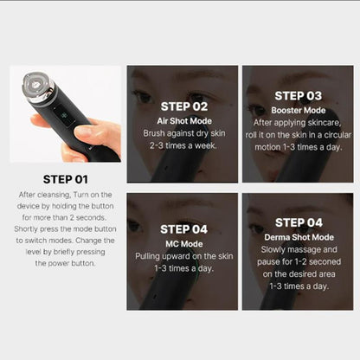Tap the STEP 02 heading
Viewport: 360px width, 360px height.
(x=183, y=106)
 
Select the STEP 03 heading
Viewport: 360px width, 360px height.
(x=298, y=95)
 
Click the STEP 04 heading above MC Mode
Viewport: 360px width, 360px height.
(x=183, y=230)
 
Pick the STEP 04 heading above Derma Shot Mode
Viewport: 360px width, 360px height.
(x=298, y=222)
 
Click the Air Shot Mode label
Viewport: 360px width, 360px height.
(x=183, y=121)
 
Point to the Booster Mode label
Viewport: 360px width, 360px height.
(x=298, y=110)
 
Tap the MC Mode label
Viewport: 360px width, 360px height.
(x=183, y=244)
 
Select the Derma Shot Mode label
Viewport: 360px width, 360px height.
(x=298, y=237)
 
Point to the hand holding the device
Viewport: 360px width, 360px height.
(x=91, y=138)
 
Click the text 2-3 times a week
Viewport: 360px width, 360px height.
(x=183, y=146)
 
